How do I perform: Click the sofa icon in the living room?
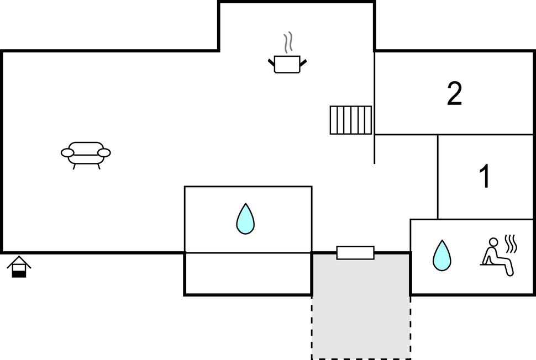click(86, 153)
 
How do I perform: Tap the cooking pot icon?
click(287, 65)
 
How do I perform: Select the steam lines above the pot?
click(287, 42)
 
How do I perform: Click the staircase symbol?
click(351, 120)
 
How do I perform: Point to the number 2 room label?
click(454, 94)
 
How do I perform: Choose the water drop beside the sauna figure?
click(441, 256)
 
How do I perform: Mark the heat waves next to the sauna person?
click(511, 243)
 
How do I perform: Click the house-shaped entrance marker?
click(19, 267)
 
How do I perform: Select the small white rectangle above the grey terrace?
click(355, 253)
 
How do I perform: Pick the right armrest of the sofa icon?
click(104, 153)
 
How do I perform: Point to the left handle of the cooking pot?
click(271, 62)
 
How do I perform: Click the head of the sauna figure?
click(495, 242)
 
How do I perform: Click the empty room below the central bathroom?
click(248, 274)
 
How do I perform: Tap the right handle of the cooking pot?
click(303, 62)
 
